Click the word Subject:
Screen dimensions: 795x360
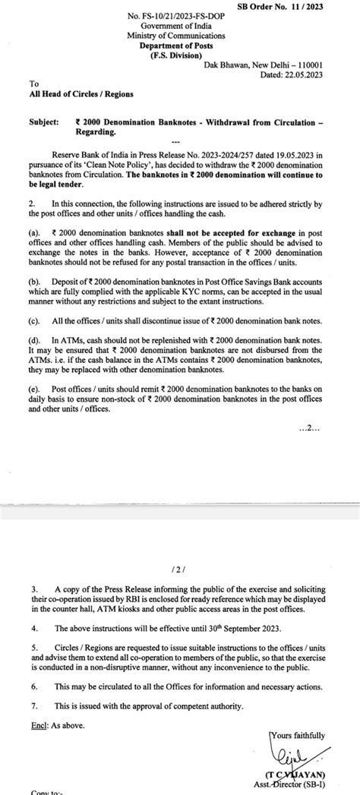[45, 120]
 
